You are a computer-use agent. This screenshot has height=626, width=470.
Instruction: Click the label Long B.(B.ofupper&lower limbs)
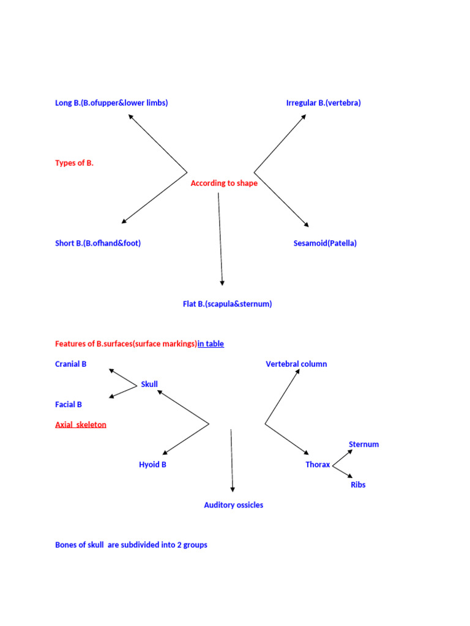coord(111,103)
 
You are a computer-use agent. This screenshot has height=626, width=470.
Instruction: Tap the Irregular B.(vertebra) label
coord(323,103)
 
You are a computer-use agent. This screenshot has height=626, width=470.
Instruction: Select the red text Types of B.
coord(74,163)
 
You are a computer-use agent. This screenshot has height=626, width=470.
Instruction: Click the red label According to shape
coord(224,183)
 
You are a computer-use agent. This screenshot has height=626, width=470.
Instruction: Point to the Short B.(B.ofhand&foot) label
coord(98,243)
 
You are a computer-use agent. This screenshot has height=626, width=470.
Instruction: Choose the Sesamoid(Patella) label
coord(325,243)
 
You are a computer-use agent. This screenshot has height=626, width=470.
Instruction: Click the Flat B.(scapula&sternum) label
coord(228,304)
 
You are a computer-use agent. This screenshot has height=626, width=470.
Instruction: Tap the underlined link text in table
coord(211,344)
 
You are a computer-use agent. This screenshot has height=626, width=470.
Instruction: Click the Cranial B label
coord(71,364)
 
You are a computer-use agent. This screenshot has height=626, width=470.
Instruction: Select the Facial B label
coord(69,405)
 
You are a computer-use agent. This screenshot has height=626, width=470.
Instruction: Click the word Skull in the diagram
coord(149,384)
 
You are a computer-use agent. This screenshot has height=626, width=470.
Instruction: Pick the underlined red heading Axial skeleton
coord(81,424)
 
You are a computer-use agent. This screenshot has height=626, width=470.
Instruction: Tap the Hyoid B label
coord(152,465)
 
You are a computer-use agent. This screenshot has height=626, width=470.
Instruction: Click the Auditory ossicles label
coord(234,505)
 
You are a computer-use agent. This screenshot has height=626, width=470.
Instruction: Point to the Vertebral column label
coord(296,364)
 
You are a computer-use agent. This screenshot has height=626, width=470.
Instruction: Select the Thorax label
coord(318,465)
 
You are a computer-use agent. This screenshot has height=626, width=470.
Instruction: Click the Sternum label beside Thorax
coord(364,444)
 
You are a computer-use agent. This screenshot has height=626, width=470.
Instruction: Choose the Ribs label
coord(358,485)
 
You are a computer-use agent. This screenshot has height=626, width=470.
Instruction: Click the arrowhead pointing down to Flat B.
coord(222,283)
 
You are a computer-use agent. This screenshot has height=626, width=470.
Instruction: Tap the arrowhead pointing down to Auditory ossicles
coord(233,490)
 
